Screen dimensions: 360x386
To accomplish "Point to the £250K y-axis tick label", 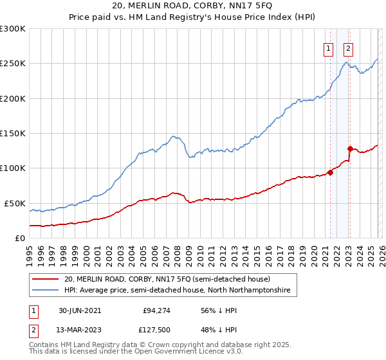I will coord(13,64).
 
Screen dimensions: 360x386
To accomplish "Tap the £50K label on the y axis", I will coord(15,203).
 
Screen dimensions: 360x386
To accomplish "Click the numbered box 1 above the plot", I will coord(329,48).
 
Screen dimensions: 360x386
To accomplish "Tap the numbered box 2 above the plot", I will coord(348,48).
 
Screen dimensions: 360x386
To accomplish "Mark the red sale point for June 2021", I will coord(330,172).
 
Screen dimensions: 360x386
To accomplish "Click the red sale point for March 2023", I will coord(349,148).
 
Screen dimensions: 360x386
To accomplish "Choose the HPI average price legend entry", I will coord(177,291).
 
